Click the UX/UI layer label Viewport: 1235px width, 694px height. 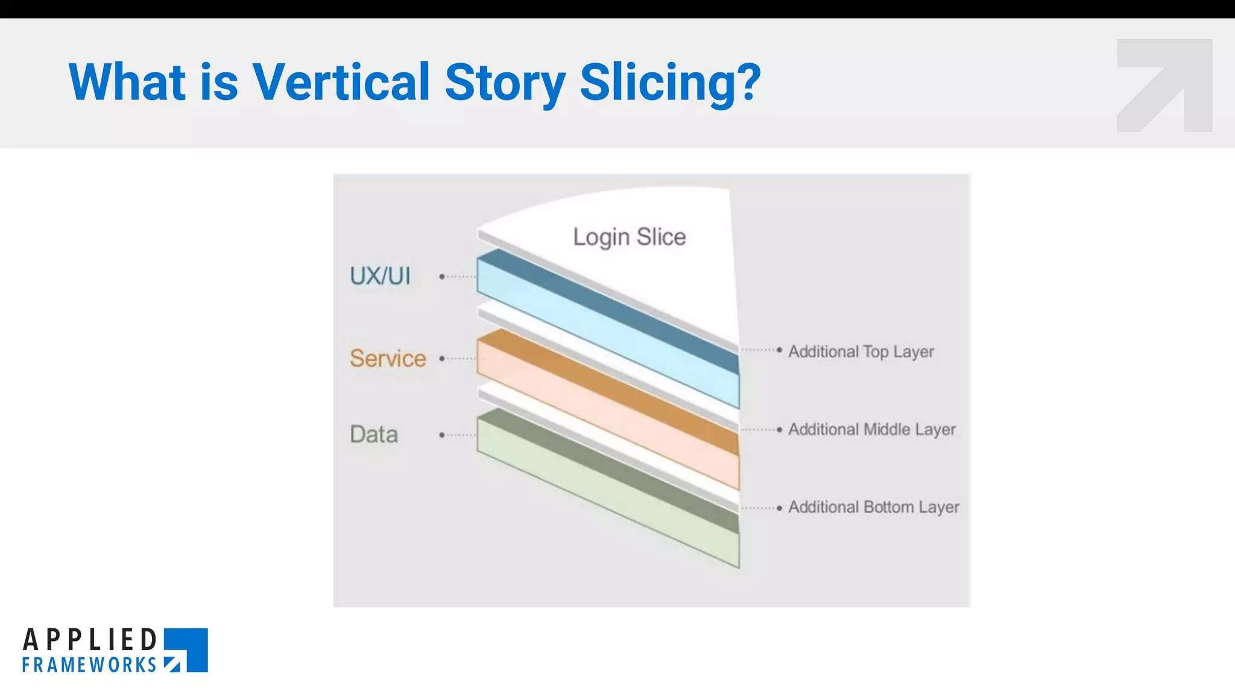[380, 276]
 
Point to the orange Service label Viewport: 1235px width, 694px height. [388, 358]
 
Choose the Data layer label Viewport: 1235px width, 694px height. [374, 434]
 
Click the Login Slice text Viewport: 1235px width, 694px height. [629, 237]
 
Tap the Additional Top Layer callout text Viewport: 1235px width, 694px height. [861, 351]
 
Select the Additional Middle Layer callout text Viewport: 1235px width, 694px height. [871, 429]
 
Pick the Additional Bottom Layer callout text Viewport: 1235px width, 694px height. [873, 507]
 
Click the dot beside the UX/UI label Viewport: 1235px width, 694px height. [442, 277]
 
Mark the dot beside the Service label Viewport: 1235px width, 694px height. [442, 358]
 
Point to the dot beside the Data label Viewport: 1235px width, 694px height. [442, 434]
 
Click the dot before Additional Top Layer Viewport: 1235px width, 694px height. [779, 349]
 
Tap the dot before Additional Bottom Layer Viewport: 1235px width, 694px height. [779, 508]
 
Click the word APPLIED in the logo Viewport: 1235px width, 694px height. [90, 640]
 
